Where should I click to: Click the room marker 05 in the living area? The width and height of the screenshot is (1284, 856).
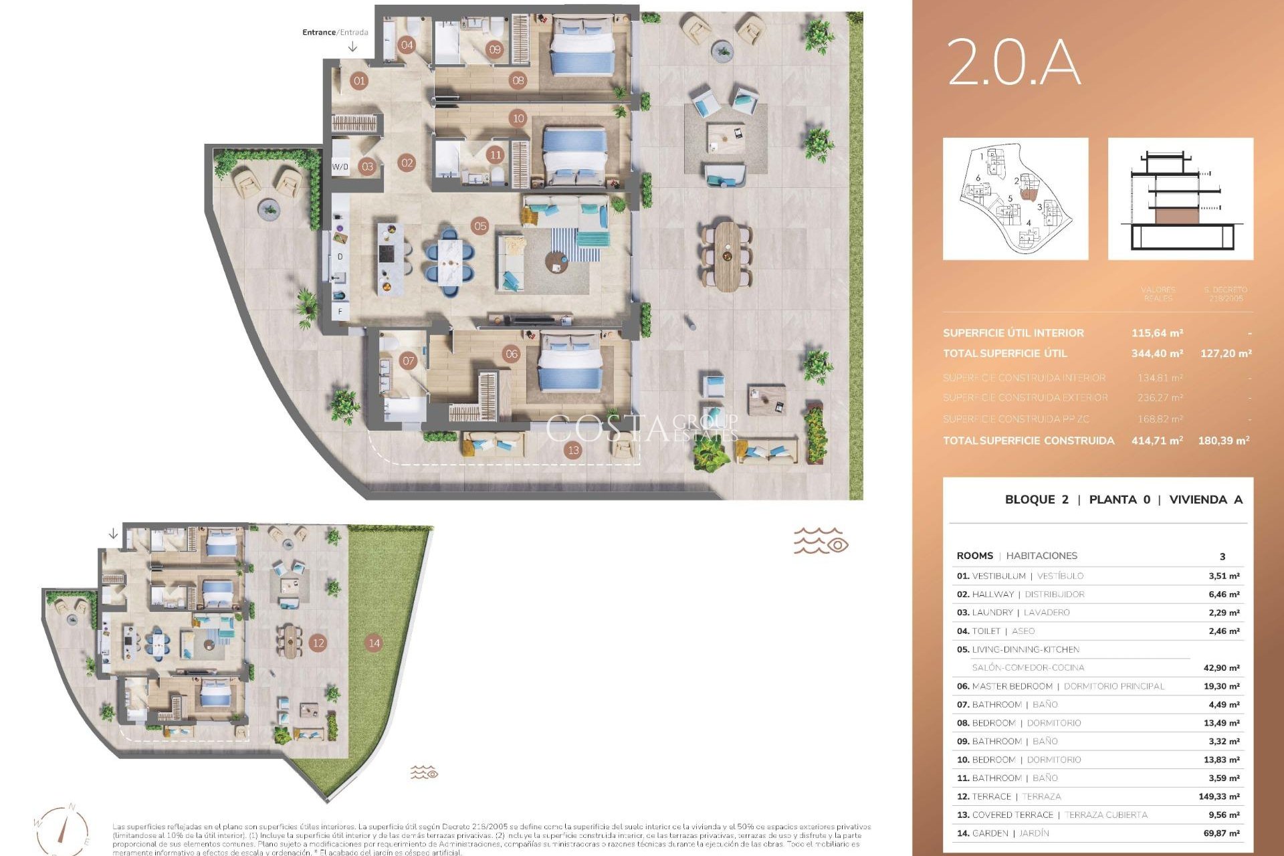coord(479,226)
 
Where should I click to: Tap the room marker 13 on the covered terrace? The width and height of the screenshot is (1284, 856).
coord(573,450)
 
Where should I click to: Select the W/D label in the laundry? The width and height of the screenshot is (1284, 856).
coord(340,167)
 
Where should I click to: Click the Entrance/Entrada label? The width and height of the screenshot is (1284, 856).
coord(335,32)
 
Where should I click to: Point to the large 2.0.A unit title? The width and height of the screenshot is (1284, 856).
coord(1014,62)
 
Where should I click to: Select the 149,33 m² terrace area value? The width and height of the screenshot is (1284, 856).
coord(1218,796)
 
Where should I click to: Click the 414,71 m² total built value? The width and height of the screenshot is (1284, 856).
coord(1157,440)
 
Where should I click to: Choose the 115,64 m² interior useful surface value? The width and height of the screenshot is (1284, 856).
coord(1157,332)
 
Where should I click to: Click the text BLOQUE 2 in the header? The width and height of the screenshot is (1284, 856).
coord(1037,500)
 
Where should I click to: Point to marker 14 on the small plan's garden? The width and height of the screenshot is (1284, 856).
coord(374,643)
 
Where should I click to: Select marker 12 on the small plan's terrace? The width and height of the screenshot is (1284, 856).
coord(318,643)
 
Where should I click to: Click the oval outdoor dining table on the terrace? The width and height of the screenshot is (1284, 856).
coord(727,256)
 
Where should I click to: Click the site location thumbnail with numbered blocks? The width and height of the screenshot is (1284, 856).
coord(1015,199)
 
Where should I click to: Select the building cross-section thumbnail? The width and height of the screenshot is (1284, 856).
coord(1180,199)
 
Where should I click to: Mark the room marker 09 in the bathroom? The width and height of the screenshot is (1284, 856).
coord(494,49)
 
